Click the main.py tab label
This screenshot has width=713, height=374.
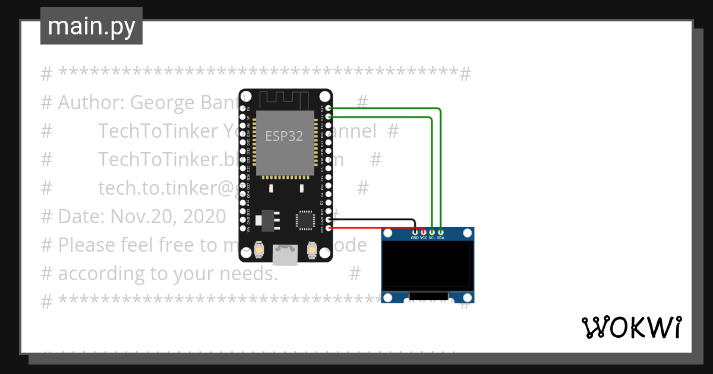(92, 26)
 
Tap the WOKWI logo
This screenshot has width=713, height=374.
(631, 327)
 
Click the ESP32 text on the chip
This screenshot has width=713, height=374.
(284, 136)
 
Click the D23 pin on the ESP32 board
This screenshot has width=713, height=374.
(329, 109)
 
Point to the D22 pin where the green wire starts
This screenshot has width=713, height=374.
(329, 117)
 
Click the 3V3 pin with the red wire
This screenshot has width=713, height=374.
(329, 227)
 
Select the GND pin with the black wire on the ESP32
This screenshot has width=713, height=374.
(329, 220)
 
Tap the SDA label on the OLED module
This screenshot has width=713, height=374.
(440, 237)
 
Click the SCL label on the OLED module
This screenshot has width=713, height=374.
(432, 237)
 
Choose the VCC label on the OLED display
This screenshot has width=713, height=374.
(424, 237)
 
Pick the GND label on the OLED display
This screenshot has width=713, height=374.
(415, 237)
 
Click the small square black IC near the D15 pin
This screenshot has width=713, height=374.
(305, 220)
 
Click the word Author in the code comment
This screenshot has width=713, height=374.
(89, 103)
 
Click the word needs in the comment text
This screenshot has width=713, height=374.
(250, 274)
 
